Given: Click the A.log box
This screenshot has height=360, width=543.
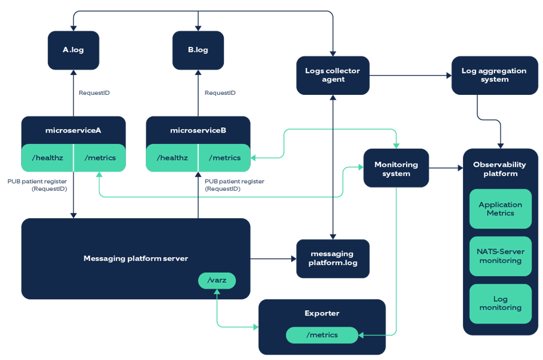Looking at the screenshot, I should pos(73,50).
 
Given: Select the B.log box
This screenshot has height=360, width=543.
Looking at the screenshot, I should pos(198,50).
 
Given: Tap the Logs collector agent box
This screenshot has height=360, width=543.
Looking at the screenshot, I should pos(333,75).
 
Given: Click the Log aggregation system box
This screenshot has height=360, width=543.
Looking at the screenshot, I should pos(494,75).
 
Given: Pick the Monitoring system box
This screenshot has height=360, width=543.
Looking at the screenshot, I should pos(396,169).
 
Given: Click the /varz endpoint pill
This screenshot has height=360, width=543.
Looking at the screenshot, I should pos(217,281).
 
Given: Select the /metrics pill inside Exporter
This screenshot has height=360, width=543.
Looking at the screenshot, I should pos(322,335).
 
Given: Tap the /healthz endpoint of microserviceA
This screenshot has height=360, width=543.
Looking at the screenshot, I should pos(47,158).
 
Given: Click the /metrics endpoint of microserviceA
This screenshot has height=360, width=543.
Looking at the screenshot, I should pos(100,158).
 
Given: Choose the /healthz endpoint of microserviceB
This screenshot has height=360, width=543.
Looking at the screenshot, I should pos(172,158).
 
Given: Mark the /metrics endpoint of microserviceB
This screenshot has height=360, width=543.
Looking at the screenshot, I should pos(224,158).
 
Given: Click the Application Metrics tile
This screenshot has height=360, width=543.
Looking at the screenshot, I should pos(500,209).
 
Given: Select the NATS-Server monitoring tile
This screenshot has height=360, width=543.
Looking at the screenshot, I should pos(500,256).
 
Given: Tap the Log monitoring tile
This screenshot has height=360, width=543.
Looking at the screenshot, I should pos(500,303).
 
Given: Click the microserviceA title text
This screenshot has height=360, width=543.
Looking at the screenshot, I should pos(73,130).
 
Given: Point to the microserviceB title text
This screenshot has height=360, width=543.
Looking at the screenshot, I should pos(198,130).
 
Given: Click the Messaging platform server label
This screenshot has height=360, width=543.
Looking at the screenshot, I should pos(135,258).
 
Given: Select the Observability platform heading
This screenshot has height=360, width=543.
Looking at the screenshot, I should pos(500,169).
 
